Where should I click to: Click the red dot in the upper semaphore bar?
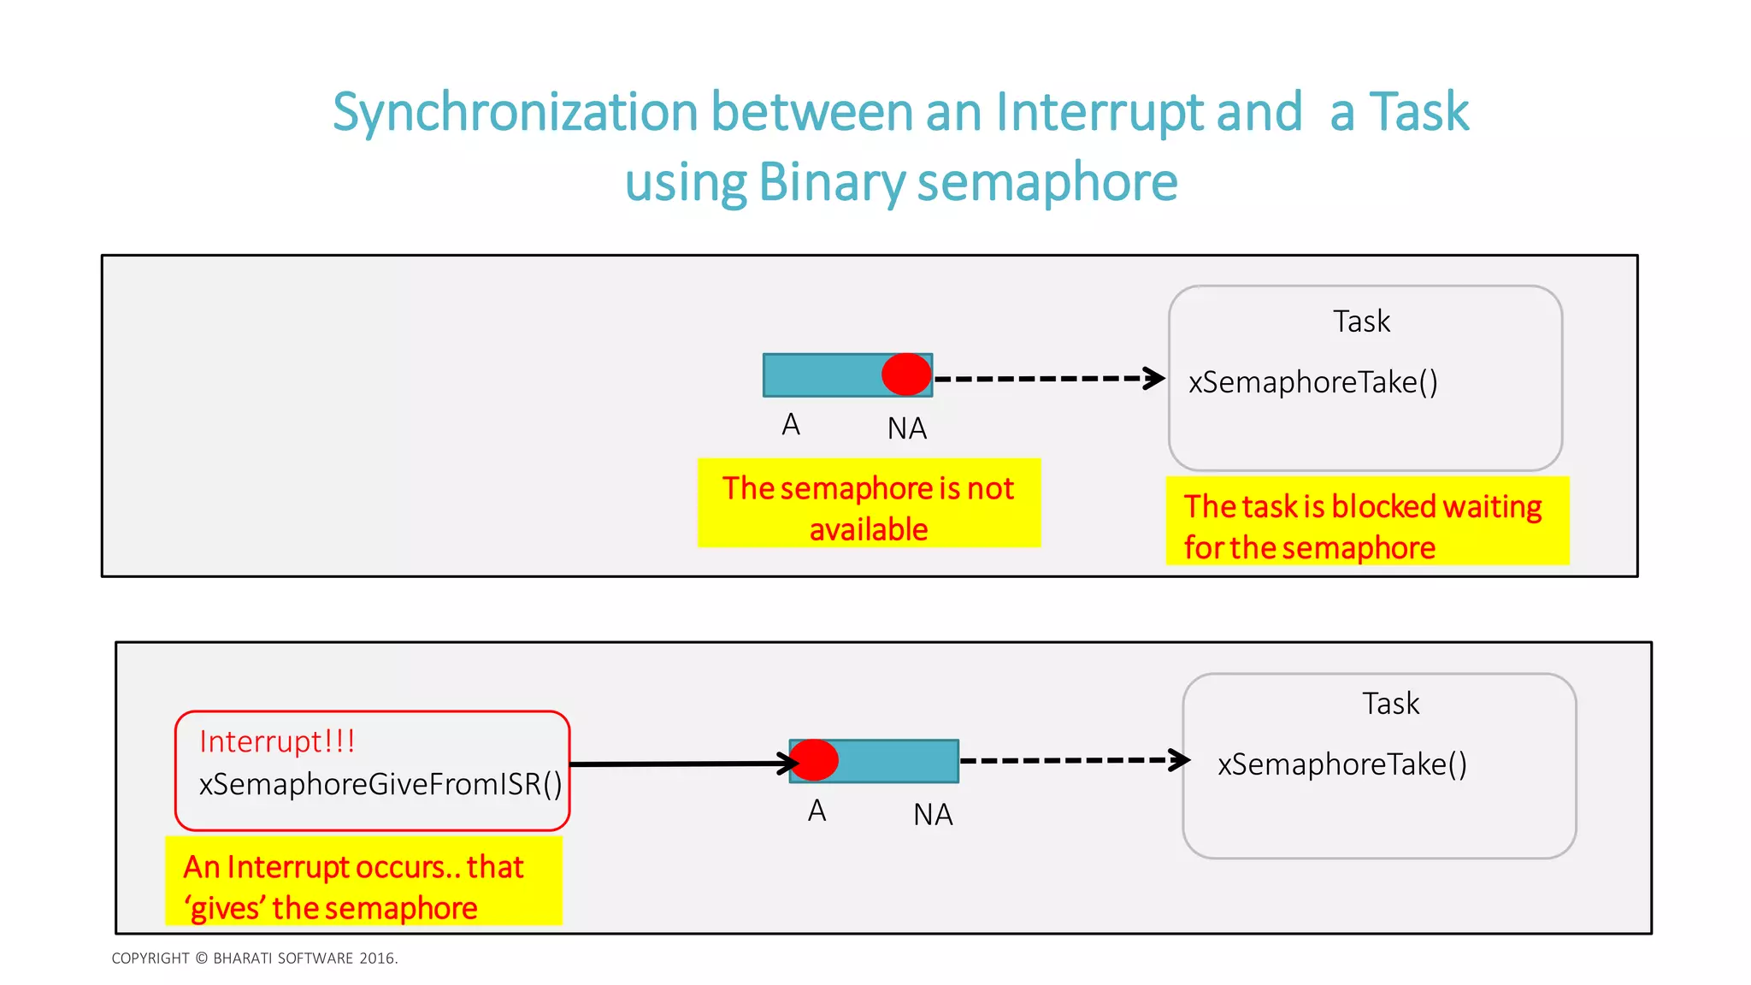click(906, 375)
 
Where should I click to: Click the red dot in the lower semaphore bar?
click(814, 760)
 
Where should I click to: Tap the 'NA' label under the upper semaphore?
click(907, 428)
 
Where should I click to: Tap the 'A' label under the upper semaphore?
click(791, 425)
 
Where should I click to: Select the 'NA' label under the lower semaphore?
click(933, 815)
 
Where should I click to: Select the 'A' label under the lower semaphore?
click(817, 811)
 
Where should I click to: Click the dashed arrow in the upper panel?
click(1048, 378)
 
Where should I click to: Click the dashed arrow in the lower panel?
click(1074, 760)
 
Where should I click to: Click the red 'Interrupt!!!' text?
click(277, 741)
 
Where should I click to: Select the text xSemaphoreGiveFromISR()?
click(380, 784)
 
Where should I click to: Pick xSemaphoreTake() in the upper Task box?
click(1313, 382)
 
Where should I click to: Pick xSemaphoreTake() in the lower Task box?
click(1342, 764)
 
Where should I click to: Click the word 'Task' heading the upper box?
click(1361, 321)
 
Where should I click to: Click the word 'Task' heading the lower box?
click(1390, 704)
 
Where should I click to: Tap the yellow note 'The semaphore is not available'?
click(869, 504)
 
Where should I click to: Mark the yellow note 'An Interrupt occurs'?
click(363, 882)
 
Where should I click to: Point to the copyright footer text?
click(255, 958)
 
